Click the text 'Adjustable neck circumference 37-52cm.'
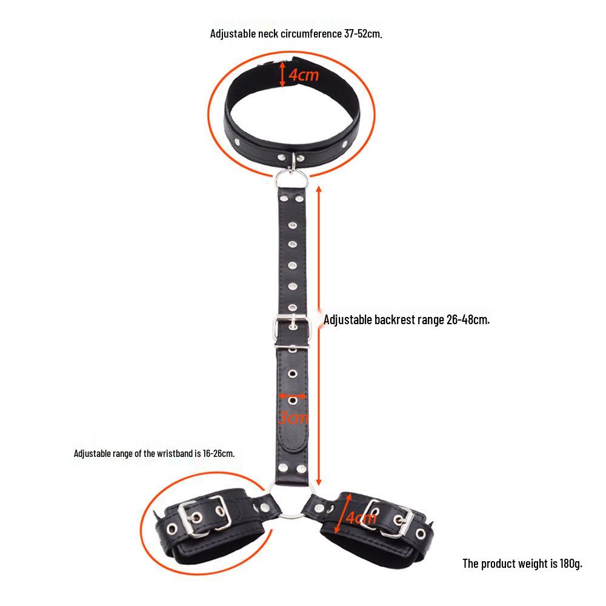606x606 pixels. [296, 33]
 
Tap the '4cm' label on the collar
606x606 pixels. [304, 75]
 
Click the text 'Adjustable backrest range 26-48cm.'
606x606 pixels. [407, 319]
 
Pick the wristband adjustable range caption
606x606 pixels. [154, 453]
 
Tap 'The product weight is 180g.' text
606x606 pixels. [522, 564]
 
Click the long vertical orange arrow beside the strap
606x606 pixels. [319, 336]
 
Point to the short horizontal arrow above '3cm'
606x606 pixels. [293, 396]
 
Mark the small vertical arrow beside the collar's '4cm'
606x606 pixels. [282, 75]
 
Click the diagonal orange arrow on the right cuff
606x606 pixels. [344, 513]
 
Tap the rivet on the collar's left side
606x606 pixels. [238, 142]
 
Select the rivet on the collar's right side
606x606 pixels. [344, 144]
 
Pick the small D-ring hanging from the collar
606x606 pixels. [293, 162]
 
